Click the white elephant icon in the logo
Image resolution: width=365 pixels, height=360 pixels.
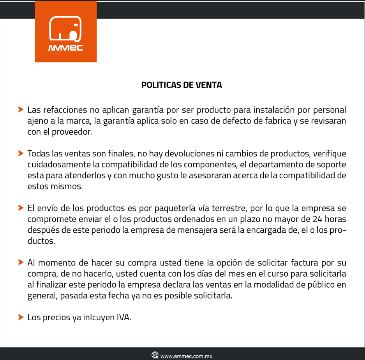tap(65, 29)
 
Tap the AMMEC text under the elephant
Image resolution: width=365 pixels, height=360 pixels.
tap(65, 48)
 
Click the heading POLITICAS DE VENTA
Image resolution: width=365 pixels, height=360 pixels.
tap(182, 85)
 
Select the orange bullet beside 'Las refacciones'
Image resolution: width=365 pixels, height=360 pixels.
tap(21, 110)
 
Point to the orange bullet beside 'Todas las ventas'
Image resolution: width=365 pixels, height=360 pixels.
tap(21, 153)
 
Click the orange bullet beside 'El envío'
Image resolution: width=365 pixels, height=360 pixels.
tap(21, 208)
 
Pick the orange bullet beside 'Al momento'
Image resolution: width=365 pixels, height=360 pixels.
tap(21, 262)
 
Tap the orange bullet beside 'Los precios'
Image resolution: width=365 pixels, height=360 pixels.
tap(21, 317)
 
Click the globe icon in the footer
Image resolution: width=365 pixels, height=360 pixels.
tap(155, 355)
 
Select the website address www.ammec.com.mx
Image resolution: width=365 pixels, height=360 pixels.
tap(186, 356)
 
